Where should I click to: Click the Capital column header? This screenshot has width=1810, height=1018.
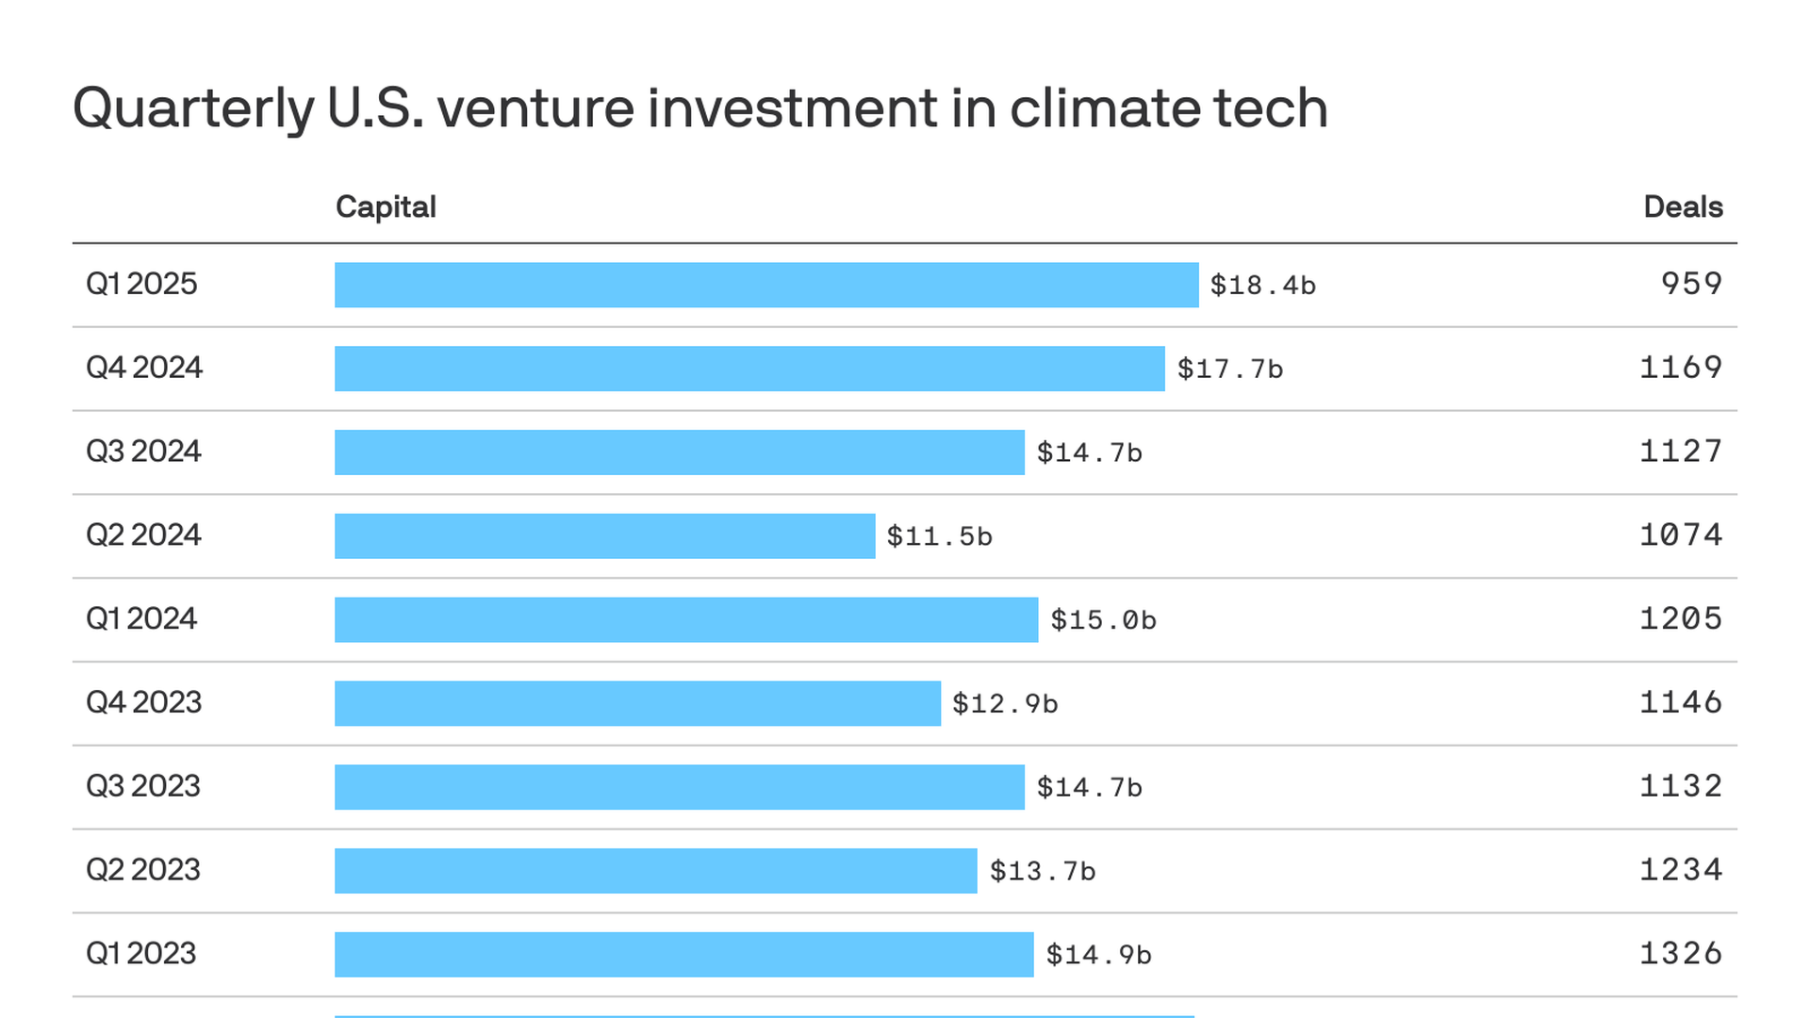click(386, 207)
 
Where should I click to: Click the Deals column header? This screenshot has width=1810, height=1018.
click(1682, 207)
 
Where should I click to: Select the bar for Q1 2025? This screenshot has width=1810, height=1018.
click(765, 285)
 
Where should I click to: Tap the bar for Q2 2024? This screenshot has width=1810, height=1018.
click(604, 536)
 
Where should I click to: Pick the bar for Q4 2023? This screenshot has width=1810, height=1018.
click(637, 703)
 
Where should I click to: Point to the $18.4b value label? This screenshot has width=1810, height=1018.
click(1262, 285)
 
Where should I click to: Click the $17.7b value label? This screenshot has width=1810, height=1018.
click(1229, 369)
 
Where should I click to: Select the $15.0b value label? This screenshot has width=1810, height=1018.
click(1103, 620)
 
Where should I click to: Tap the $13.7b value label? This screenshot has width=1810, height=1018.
click(1042, 871)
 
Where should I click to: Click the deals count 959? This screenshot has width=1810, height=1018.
click(1691, 284)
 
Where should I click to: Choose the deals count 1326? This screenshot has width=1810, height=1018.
click(1681, 954)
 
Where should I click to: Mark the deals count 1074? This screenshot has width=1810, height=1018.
click(1681, 535)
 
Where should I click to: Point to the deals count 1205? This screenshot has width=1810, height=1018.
click(1681, 619)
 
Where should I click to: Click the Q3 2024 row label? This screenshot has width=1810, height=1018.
click(143, 452)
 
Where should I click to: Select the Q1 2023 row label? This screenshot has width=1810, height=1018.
click(140, 954)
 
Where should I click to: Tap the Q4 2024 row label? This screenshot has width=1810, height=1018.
click(144, 368)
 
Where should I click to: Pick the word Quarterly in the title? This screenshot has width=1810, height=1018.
click(193, 110)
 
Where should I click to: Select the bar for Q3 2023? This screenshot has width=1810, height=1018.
click(679, 787)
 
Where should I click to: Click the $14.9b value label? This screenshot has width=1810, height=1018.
click(1098, 955)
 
